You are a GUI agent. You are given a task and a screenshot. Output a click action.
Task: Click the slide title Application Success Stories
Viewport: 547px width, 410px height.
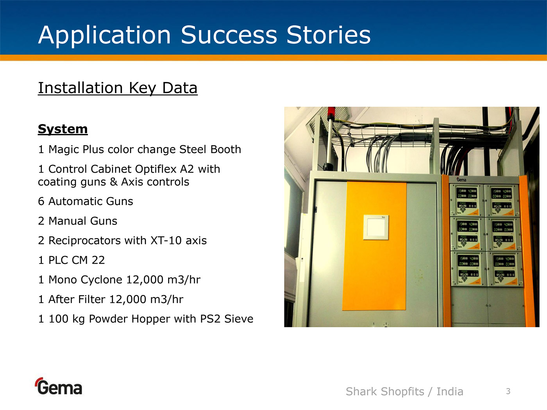(x=204, y=36)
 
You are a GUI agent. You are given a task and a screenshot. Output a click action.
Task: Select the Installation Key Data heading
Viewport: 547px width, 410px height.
(x=118, y=88)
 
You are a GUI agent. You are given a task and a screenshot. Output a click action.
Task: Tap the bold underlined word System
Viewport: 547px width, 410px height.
(x=63, y=129)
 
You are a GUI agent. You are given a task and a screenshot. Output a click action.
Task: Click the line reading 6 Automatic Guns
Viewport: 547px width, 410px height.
(x=86, y=201)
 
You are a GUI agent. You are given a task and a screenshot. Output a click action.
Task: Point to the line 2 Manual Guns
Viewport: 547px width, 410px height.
(x=77, y=221)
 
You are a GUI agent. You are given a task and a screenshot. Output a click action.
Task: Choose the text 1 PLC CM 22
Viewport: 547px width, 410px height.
(x=71, y=260)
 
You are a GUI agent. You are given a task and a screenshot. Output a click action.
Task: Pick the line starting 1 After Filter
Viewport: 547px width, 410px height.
(x=111, y=299)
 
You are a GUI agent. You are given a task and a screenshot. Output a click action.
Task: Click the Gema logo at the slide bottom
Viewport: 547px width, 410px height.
(x=59, y=387)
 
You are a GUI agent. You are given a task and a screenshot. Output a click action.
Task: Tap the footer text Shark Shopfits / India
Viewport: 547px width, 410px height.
(x=404, y=392)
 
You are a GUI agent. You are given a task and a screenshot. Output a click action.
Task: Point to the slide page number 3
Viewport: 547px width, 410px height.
(x=508, y=391)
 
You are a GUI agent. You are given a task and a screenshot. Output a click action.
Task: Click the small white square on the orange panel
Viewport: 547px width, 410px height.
(x=376, y=227)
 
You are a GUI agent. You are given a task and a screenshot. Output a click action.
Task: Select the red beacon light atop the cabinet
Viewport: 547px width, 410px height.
(x=331, y=112)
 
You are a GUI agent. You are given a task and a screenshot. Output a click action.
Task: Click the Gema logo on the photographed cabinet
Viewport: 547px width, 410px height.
(x=461, y=180)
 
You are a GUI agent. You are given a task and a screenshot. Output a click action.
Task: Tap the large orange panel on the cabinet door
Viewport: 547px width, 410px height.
(x=374, y=246)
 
